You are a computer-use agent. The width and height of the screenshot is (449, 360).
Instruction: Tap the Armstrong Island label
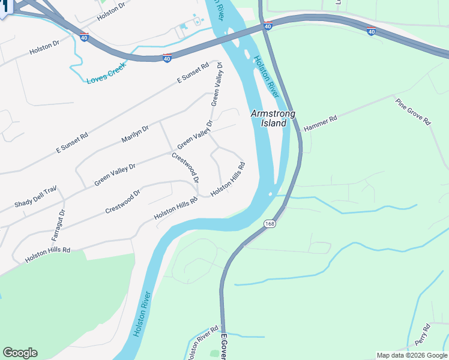point(270,118)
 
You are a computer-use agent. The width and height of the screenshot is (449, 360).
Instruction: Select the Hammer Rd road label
point(321,123)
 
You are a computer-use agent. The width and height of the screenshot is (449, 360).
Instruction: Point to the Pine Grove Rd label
point(413,112)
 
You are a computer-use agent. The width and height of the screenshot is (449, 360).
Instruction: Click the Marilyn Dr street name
point(135,132)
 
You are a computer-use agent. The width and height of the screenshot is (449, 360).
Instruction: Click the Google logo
point(20,353)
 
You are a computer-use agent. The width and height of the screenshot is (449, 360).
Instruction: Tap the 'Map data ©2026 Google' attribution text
point(412,355)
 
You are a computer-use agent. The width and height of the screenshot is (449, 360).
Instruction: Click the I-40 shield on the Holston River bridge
point(268,25)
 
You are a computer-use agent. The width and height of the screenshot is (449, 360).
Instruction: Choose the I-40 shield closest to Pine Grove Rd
point(372,31)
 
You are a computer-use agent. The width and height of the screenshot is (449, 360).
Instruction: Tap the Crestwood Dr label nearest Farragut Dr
point(122,201)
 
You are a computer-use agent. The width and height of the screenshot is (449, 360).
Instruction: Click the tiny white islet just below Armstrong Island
point(272,194)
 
